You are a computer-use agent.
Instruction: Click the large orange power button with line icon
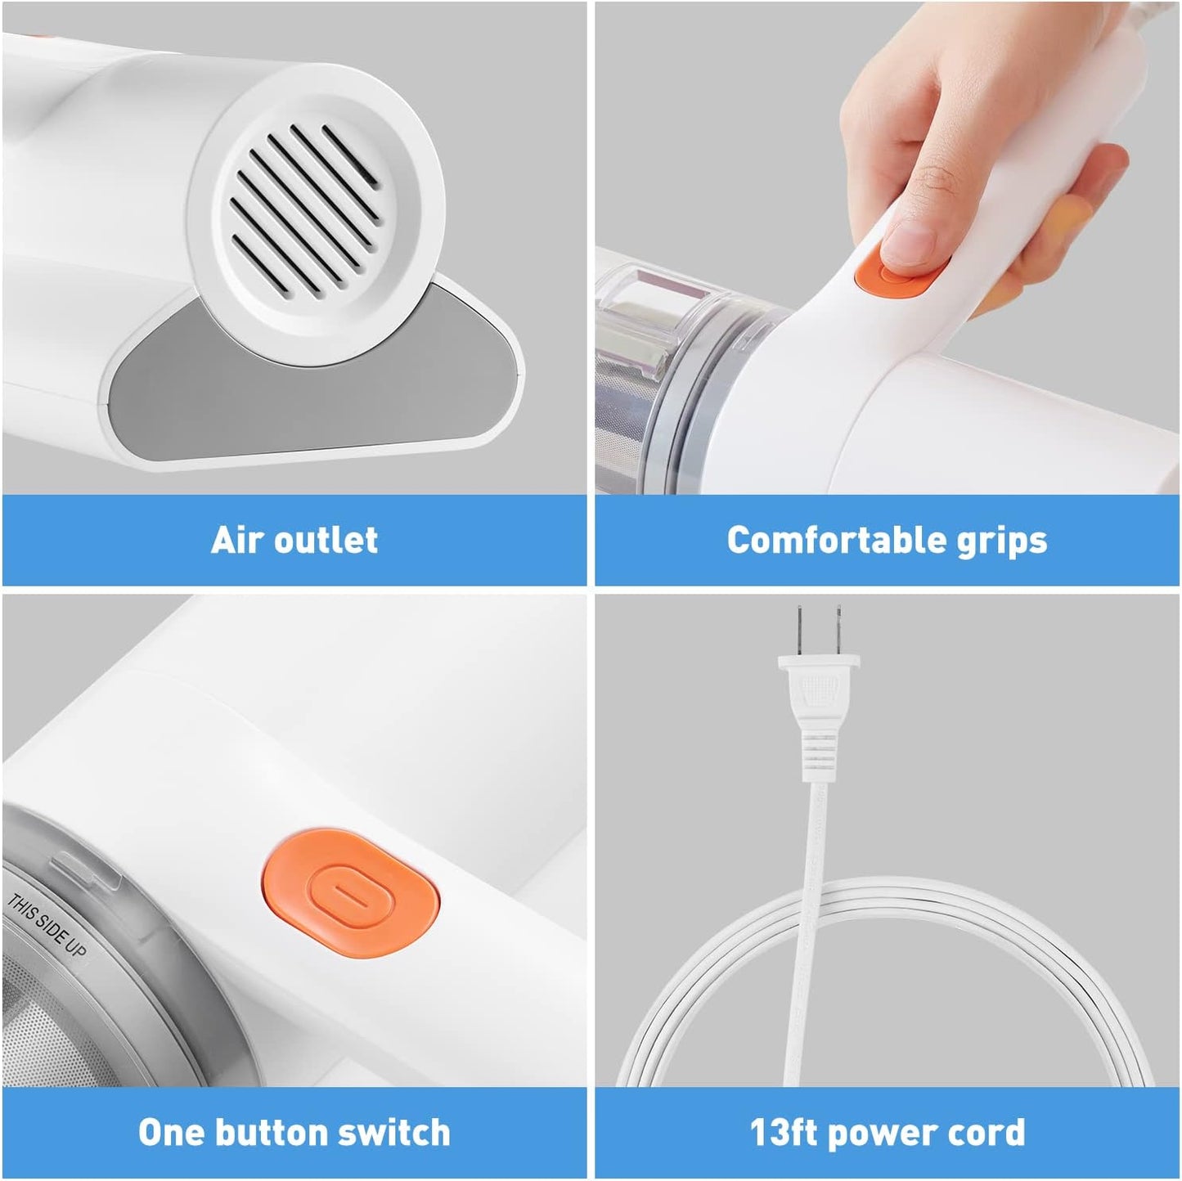click(x=353, y=891)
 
